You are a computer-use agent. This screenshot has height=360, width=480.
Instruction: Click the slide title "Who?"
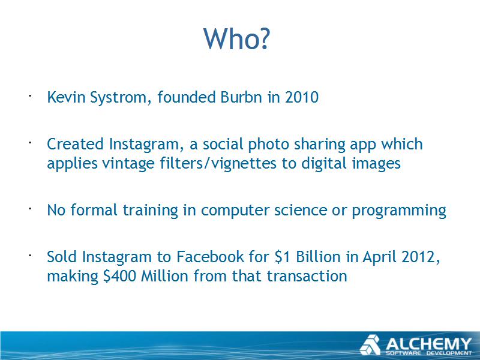pyautogui.click(x=236, y=38)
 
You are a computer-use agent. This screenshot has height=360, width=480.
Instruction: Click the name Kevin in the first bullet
pyautogui.click(x=66, y=97)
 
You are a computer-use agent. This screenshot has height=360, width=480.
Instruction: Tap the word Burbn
pyautogui.click(x=241, y=97)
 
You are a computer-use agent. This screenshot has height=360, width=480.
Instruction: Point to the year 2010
pyautogui.click(x=302, y=97)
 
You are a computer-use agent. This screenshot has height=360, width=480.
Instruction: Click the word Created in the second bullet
pyautogui.click(x=76, y=144)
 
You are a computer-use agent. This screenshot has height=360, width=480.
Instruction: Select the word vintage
pyautogui.click(x=128, y=163)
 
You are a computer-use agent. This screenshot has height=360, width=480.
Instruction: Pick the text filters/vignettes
pyautogui.click(x=218, y=163)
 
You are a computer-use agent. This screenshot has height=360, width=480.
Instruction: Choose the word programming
pyautogui.click(x=399, y=211)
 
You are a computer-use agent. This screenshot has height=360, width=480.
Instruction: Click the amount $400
pyautogui.click(x=119, y=276)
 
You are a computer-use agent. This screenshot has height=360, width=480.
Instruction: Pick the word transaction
pyautogui.click(x=307, y=276)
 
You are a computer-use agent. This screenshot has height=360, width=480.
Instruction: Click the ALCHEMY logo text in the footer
pyautogui.click(x=428, y=344)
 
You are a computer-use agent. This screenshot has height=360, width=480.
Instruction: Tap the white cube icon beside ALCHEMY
pyautogui.click(x=370, y=345)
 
